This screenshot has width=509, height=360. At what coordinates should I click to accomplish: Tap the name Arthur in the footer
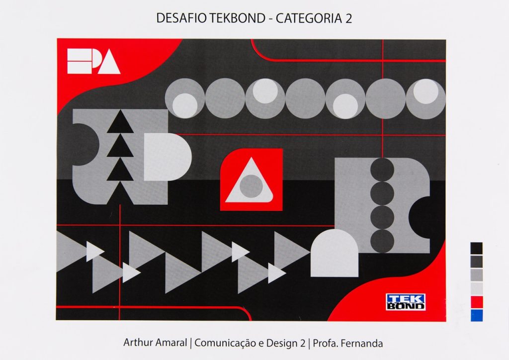138,343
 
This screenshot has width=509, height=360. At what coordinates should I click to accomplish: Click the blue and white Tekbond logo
406,302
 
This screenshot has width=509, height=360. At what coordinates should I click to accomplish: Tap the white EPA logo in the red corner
93,61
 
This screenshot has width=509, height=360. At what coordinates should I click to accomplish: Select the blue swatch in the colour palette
476,315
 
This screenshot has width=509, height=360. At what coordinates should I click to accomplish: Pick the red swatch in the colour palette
476,302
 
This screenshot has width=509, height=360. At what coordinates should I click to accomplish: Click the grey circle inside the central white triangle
251,185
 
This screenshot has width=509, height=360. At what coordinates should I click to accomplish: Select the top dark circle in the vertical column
382,170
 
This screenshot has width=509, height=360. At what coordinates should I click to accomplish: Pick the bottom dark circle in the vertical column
382,241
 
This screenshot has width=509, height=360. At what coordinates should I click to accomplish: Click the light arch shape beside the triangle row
334,254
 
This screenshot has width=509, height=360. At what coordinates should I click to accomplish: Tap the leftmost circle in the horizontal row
185,98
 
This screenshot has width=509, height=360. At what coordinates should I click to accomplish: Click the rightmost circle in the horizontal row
425,98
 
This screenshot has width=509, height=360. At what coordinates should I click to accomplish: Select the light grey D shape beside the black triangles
167,157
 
